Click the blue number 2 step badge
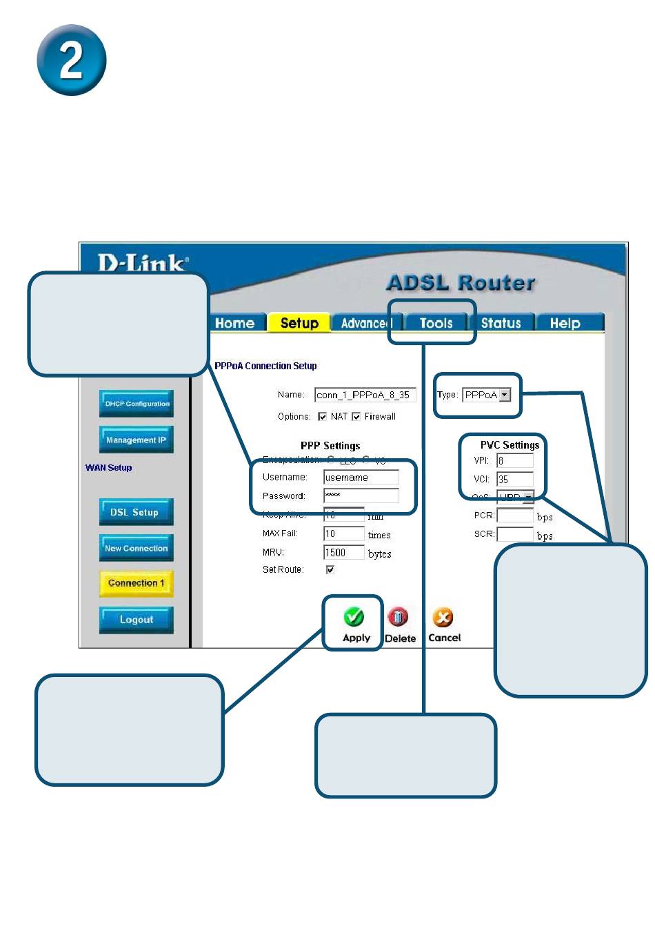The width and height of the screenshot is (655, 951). tap(71, 60)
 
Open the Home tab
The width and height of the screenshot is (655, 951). tap(234, 323)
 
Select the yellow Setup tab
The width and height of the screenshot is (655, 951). tap(299, 323)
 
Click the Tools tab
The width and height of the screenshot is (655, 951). tap(436, 323)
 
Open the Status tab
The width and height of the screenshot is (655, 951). tap(501, 323)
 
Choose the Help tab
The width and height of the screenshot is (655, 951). tap(565, 323)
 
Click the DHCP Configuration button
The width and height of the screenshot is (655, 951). tap(137, 404)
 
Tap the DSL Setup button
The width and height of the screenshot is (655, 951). tap(135, 512)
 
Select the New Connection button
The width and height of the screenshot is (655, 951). tap(136, 548)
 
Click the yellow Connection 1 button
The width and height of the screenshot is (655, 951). tap(136, 583)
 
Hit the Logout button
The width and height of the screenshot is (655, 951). tap(136, 620)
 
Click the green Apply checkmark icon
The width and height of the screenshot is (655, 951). tap(354, 616)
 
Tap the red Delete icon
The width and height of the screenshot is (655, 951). tap(398, 616)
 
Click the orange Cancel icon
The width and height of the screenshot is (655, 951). tap(443, 616)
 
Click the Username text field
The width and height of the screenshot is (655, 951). tap(361, 478)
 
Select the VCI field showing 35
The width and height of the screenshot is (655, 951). tap(514, 479)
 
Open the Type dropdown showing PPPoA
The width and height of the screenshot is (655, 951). tap(487, 395)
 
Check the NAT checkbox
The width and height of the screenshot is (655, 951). tap(322, 417)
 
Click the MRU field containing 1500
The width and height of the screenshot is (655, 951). tap(343, 553)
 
